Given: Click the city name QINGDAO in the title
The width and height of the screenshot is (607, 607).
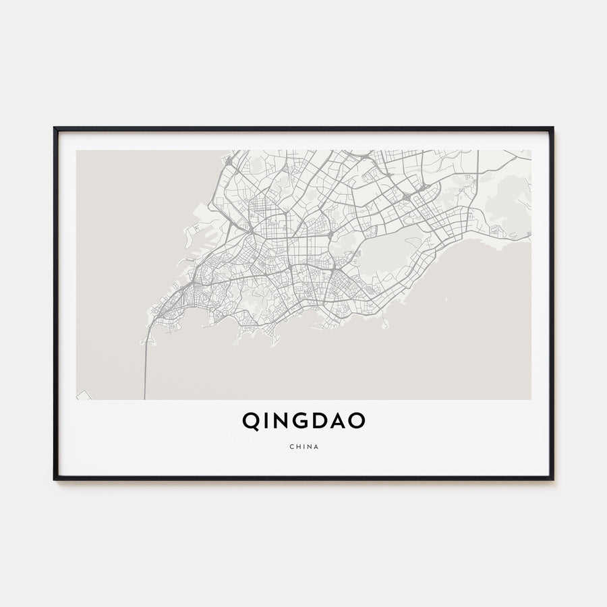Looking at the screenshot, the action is [x=303, y=421].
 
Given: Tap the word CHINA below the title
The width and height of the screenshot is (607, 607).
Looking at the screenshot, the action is [x=303, y=446].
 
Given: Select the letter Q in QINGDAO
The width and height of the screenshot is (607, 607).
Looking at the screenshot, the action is [x=250, y=421].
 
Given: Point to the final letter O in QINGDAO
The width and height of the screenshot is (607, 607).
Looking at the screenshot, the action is [x=357, y=421].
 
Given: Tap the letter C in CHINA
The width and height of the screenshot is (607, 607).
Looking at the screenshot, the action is [x=290, y=446].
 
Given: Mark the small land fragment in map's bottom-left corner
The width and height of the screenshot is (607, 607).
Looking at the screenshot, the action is [x=84, y=395].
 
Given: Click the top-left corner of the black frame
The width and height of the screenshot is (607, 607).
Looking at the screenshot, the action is [x=55, y=128].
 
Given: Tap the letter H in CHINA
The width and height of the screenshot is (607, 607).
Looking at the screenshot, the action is [x=297, y=446].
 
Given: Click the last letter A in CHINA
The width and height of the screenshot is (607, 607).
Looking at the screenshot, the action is [x=317, y=446].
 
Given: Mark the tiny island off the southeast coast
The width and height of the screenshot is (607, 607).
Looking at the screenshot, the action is [x=385, y=325].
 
